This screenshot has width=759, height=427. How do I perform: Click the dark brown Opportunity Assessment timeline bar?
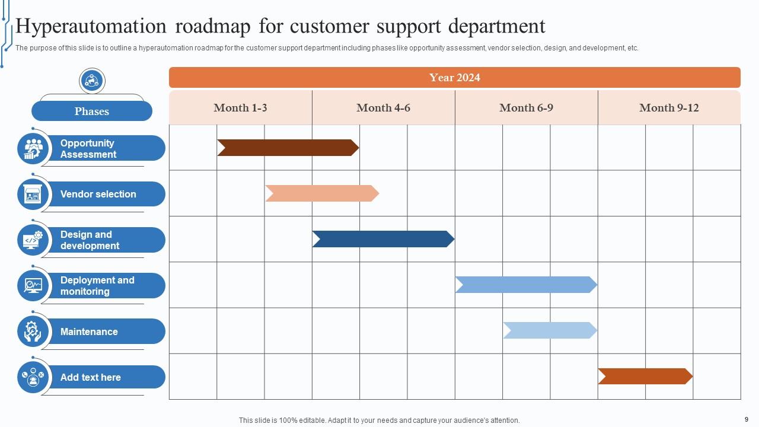pos(288,148)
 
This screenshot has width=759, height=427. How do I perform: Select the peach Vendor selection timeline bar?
pos(322,193)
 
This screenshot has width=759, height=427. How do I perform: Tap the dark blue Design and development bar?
pos(383,239)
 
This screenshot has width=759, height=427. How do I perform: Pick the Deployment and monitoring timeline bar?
pos(526,285)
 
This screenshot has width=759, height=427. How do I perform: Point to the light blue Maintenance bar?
pos(550,330)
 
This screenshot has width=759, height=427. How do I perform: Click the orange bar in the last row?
pos(645,376)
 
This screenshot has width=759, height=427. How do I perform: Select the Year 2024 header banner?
pos(455,78)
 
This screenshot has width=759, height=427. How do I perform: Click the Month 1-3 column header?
pos(240,108)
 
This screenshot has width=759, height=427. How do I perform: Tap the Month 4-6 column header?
pos(383,108)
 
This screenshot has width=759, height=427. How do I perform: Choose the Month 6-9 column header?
pos(526,108)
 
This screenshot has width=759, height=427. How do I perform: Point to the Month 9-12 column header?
pos(669,108)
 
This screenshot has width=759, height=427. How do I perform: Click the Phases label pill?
pos(92,111)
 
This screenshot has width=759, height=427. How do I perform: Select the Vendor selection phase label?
pos(98,194)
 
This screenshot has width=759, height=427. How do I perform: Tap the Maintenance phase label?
pos(89,332)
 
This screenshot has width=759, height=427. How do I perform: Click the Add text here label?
pos(91,377)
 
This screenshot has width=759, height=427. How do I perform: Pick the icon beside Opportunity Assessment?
pos(33,148)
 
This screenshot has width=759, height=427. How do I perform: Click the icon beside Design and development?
pos(33,240)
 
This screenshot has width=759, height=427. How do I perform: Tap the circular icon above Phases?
pos(92,81)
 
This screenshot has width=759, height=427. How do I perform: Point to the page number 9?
pos(746,419)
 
